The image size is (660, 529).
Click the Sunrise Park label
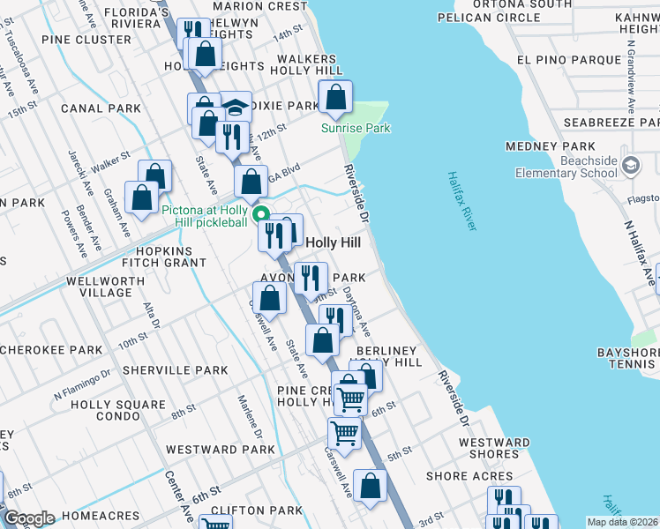(355, 129)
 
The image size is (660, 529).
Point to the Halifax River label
(461, 202)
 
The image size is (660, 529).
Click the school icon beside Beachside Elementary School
(631, 165)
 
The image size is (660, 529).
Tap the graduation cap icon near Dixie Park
(235, 108)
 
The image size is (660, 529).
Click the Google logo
(29, 518)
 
